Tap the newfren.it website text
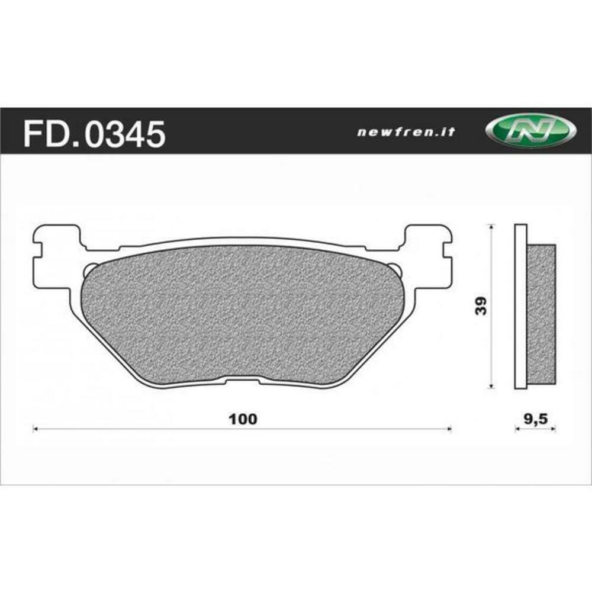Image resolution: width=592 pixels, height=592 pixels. (406, 133)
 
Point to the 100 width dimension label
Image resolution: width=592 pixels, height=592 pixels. (243, 419)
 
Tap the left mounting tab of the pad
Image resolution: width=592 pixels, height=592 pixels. (56, 255)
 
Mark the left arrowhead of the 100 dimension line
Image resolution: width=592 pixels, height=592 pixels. (34, 429)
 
